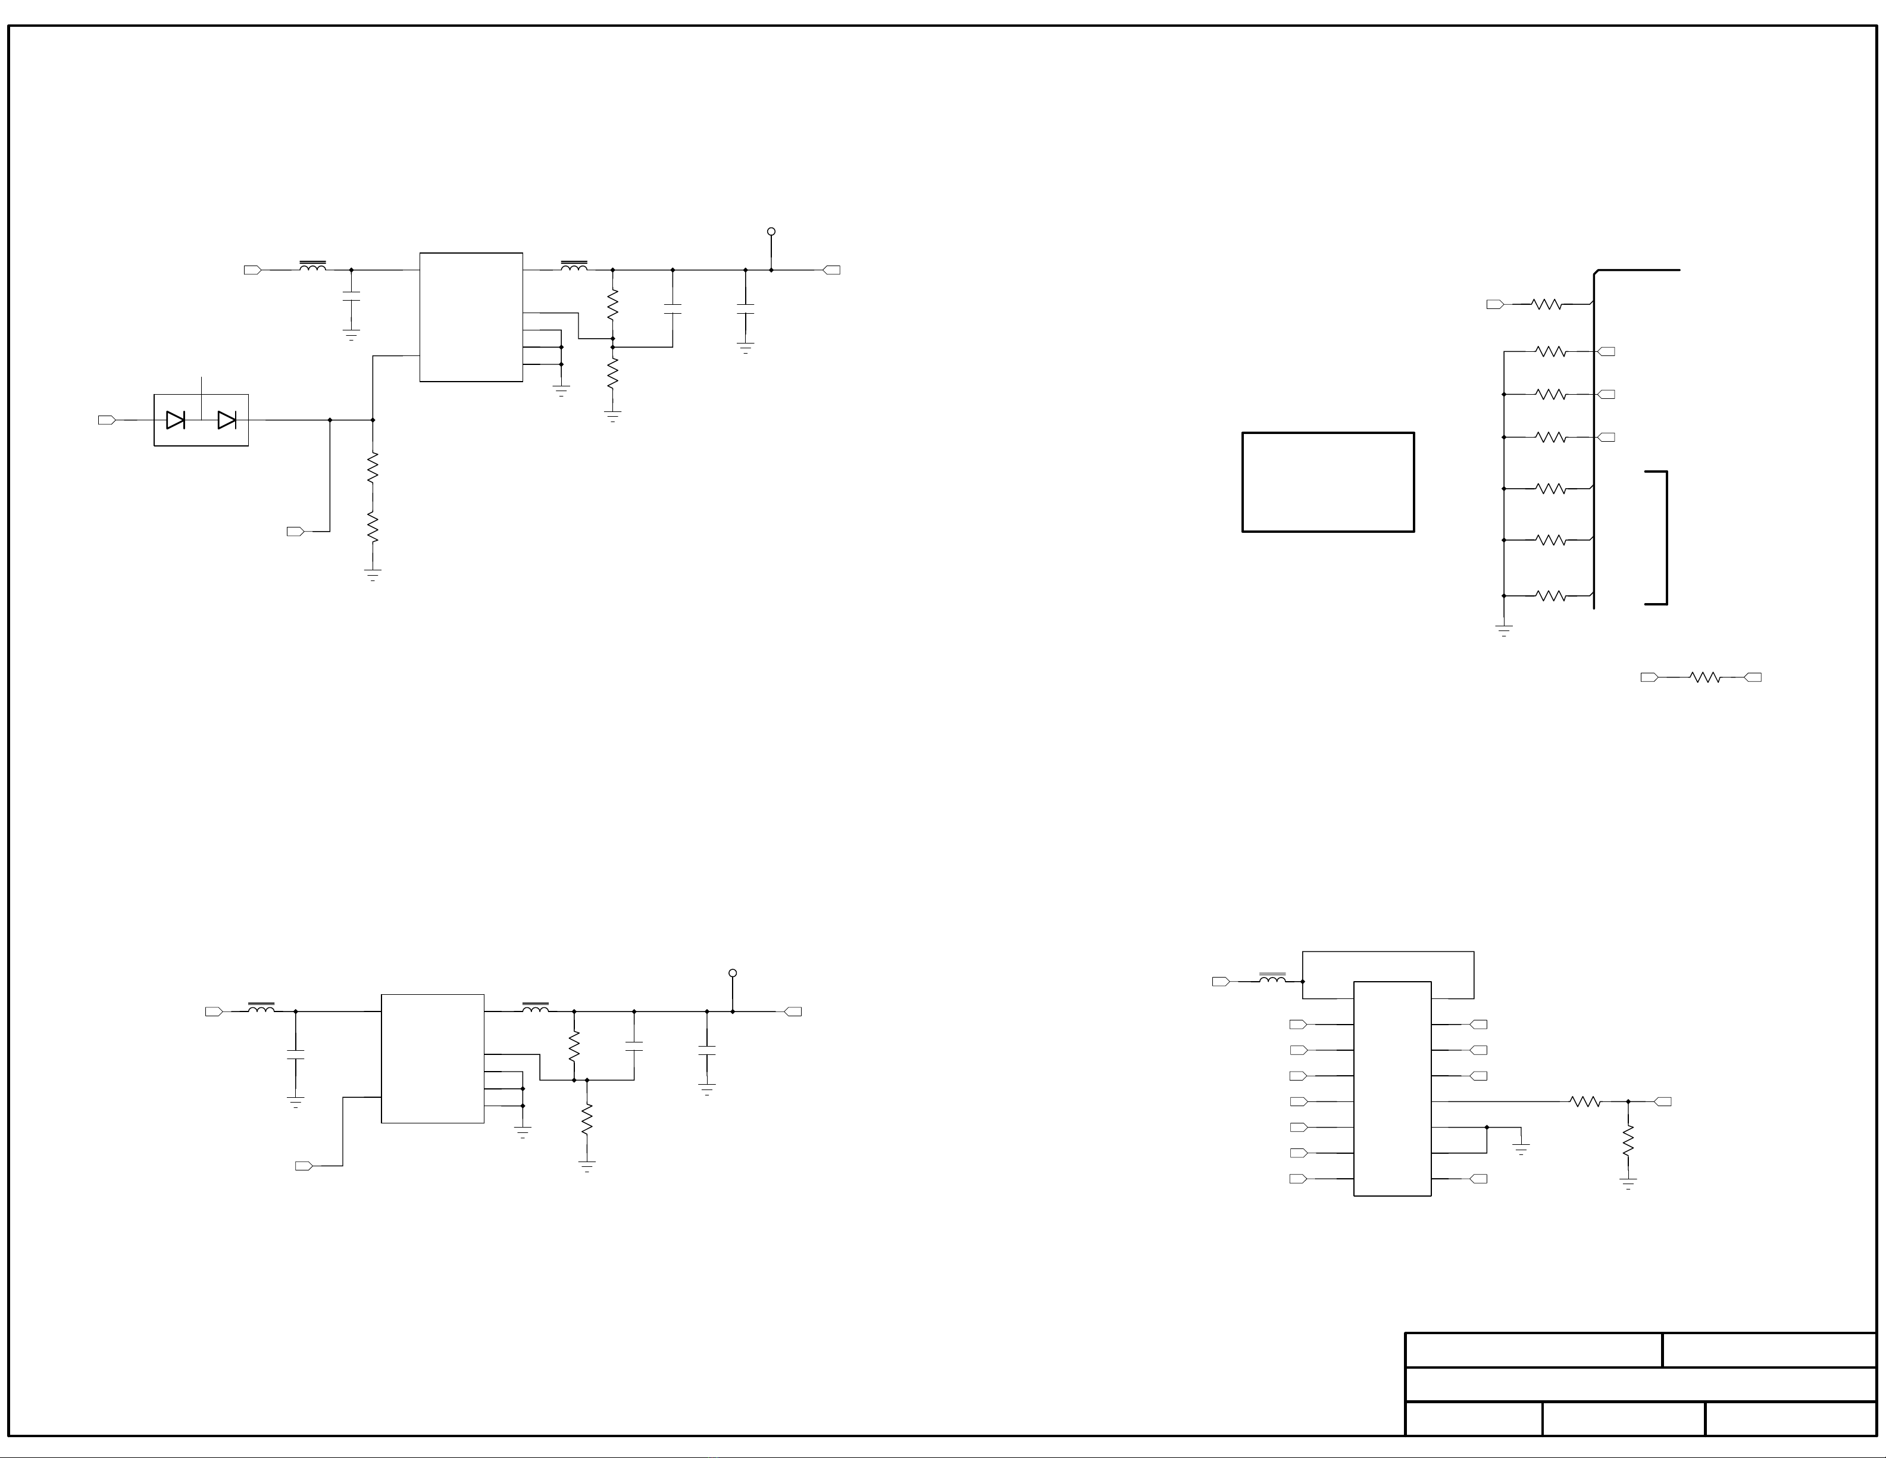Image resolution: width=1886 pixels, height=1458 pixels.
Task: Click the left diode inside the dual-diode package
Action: coord(176,421)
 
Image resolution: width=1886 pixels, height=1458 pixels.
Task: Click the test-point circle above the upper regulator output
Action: coord(771,232)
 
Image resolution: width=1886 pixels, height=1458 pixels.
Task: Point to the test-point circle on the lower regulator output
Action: coord(732,973)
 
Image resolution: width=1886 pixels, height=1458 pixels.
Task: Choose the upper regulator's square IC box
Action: coord(471,317)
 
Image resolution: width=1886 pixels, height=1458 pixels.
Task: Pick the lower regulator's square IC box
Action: coord(433,1059)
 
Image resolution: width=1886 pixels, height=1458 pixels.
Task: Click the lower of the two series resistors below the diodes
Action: coord(373,527)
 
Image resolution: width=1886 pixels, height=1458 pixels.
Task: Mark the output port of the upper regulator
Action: coord(831,270)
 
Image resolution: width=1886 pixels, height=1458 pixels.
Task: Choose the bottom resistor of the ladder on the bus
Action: coord(1552,596)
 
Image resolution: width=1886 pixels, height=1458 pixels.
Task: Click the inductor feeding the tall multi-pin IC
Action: coord(1272,979)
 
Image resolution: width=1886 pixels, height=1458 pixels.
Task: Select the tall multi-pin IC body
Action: coord(1392,1088)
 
